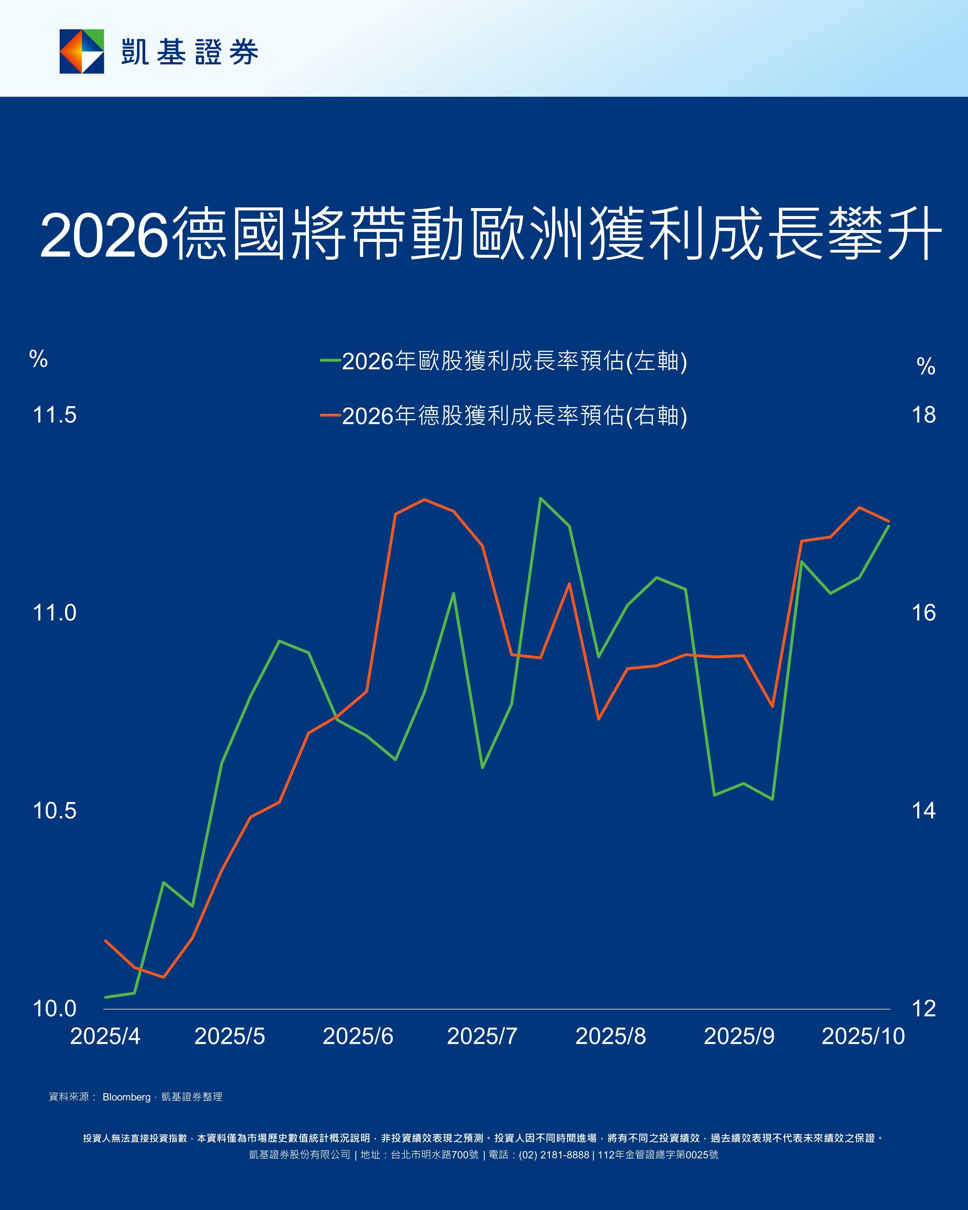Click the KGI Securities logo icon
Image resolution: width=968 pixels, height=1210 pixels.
point(82,51)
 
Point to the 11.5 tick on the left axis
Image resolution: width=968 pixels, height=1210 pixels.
point(55,415)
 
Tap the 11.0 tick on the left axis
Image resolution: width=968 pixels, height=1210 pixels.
point(55,613)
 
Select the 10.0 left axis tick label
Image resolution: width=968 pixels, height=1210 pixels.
point(55,1009)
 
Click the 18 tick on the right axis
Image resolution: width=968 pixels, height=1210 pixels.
point(924,415)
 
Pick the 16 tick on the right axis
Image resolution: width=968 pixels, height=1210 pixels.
point(924,613)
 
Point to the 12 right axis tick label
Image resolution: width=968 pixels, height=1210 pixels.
point(924,1009)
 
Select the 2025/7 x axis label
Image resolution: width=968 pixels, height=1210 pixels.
point(482,1036)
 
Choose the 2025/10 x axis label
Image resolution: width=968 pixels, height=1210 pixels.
point(863,1036)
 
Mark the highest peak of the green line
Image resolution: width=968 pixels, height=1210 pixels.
point(540,498)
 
